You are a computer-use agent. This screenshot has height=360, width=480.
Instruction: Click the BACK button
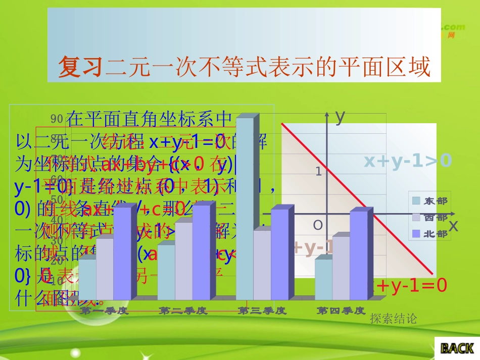click(x=457, y=348)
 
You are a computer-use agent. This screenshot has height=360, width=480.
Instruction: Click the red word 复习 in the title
click(x=81, y=66)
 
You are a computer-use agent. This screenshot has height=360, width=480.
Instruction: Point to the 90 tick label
click(x=57, y=119)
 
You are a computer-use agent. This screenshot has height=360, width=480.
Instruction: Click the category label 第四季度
click(x=341, y=311)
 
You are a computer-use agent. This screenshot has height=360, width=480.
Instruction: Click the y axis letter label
click(x=340, y=116)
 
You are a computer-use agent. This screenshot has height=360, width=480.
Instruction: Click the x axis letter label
click(x=453, y=226)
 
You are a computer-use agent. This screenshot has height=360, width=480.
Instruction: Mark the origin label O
click(x=317, y=225)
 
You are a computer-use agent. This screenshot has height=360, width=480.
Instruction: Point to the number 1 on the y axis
click(x=319, y=172)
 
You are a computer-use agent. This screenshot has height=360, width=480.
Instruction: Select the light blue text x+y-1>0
click(x=408, y=161)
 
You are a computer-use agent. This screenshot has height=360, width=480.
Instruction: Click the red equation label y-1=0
click(x=412, y=286)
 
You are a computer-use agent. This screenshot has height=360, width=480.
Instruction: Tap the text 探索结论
click(x=393, y=319)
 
